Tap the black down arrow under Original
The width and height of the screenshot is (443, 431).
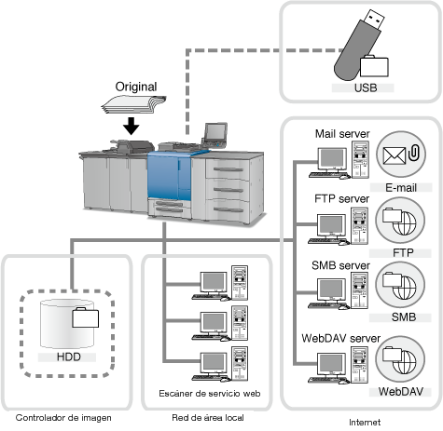(131, 126)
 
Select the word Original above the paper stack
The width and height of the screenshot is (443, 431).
(136, 87)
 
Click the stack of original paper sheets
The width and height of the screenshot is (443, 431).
(133, 104)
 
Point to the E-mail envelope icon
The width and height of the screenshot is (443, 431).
(395, 155)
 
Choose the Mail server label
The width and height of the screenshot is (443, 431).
(342, 134)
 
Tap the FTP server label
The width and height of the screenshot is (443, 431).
(341, 198)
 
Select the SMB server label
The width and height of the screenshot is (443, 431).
(340, 265)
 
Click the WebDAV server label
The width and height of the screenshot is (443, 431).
(340, 338)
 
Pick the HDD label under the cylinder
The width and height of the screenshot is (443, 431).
(69, 357)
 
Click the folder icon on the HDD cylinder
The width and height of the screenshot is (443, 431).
(86, 317)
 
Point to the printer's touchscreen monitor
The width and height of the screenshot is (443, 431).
(215, 132)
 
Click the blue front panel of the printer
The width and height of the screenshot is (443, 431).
(169, 176)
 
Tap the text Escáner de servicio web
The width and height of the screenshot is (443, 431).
(210, 394)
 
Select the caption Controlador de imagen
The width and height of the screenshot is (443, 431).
(63, 418)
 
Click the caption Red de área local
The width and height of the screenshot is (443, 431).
(208, 418)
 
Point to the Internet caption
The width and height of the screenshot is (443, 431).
(365, 423)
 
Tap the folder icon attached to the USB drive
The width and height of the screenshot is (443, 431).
(374, 66)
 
